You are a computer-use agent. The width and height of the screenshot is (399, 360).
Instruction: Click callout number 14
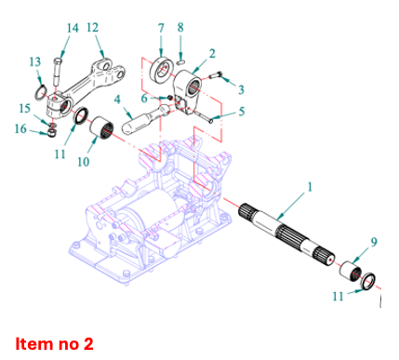point(73,28)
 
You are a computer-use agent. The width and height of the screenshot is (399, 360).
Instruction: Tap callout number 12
point(93,28)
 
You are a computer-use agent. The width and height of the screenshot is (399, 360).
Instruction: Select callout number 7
point(161,28)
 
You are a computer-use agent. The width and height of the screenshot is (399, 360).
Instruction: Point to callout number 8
point(180,28)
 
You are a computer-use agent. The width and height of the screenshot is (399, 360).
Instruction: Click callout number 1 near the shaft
point(310,187)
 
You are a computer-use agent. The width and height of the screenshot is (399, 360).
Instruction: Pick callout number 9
point(374,242)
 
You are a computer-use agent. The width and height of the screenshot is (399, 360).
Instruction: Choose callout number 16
point(21,128)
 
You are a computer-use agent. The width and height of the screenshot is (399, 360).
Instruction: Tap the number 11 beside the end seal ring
point(339,297)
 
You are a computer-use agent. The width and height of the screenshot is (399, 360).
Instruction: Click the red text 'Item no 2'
point(54,344)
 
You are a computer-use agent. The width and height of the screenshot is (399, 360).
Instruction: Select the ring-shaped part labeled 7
point(161,69)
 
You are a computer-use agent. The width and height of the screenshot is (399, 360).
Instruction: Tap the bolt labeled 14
point(58,72)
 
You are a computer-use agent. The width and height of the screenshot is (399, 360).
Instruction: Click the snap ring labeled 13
point(40,93)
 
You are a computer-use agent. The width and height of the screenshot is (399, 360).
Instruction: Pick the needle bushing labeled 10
point(101,127)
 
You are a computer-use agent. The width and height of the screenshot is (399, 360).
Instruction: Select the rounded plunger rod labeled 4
point(145,119)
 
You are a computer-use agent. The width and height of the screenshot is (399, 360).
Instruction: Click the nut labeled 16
point(52,134)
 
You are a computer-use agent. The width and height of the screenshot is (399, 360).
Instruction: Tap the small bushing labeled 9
point(351,271)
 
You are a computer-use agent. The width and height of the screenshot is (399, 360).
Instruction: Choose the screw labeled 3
point(215,75)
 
